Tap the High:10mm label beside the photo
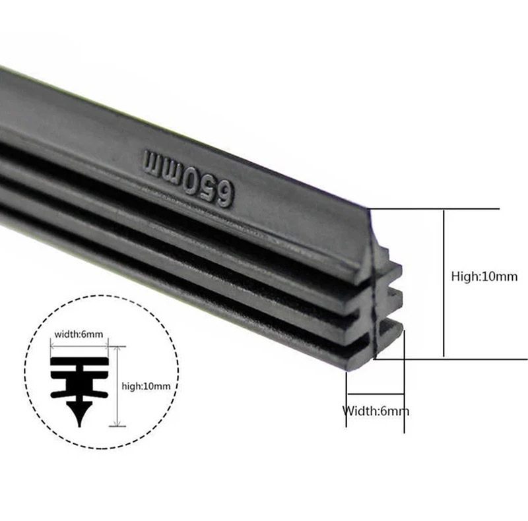tap(484, 276)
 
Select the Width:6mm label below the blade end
tap(376, 411)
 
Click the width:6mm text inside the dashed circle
tap(79, 334)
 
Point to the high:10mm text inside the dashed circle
tap(146, 386)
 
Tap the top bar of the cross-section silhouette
tap(79, 362)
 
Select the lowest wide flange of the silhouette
tap(79, 394)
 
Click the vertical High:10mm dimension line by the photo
tap(444, 283)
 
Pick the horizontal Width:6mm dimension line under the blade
tap(376, 394)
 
